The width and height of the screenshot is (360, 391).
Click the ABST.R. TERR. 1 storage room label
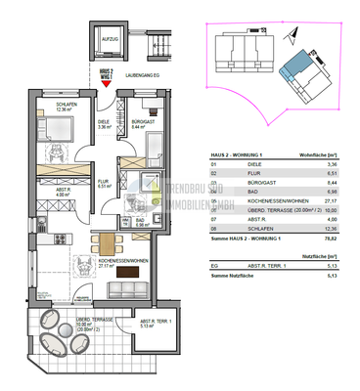coord(157,326)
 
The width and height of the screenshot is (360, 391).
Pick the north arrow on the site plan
coord(292,35)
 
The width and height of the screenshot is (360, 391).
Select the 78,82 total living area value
coord(332,237)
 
